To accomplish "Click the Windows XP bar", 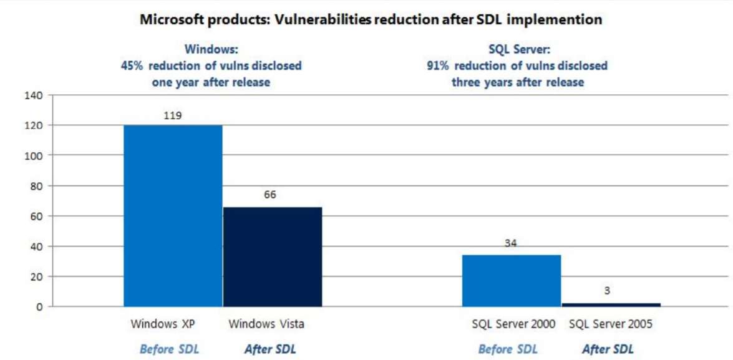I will point(173,215).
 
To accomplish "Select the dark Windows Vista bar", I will point(272,256).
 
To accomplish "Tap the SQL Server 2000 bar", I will point(512,280).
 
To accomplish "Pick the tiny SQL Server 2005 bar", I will point(611,304).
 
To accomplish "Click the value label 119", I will point(173,115).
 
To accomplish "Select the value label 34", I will point(512,243).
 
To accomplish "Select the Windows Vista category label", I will point(266,324).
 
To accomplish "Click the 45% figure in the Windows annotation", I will point(132,66).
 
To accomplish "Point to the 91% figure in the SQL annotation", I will point(439,66).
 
